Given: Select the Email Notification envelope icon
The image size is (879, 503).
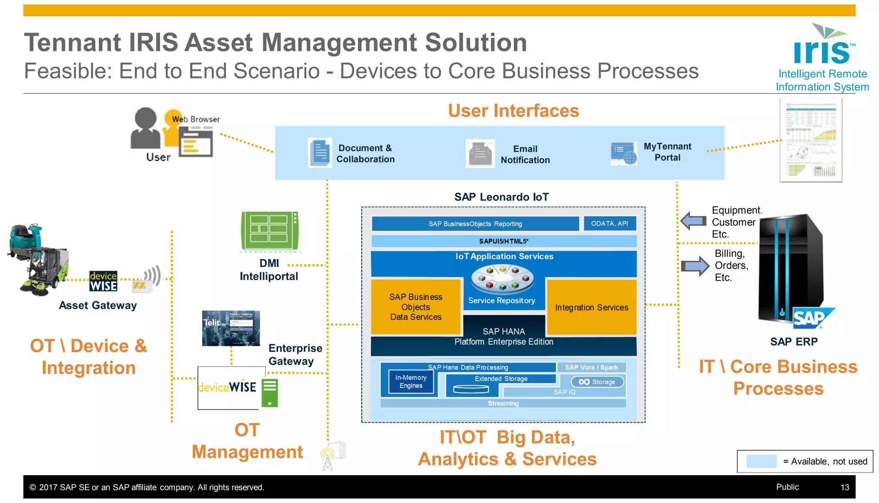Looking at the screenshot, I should tap(480, 154).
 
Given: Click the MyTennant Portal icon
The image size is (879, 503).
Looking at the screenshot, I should tap(624, 154).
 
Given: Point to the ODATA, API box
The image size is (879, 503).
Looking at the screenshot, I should tap(609, 223).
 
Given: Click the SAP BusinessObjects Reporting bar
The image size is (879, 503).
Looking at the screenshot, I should tap(475, 223).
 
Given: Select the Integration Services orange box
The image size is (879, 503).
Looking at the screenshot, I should tap(591, 307).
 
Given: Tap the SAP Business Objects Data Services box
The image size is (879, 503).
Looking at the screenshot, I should tap(415, 307).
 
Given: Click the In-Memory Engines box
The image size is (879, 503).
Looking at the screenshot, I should tap(411, 382).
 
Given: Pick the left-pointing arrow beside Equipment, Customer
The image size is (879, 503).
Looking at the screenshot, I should tap(694, 221).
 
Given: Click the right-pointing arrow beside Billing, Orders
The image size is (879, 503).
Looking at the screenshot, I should tap(695, 266).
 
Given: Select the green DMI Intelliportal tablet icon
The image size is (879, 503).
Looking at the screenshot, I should tap(270, 231).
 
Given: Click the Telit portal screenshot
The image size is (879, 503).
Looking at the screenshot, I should tap(231, 328).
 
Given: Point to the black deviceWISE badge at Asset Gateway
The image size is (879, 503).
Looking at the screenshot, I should tap(103, 281).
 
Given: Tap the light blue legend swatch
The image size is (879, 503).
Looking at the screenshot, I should tap(761, 461).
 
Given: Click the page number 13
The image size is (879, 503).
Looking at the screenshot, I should tap(845, 487).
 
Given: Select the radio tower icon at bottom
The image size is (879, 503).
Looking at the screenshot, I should tap(328, 459).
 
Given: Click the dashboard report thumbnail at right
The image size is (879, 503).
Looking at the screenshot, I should tap(811, 140).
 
